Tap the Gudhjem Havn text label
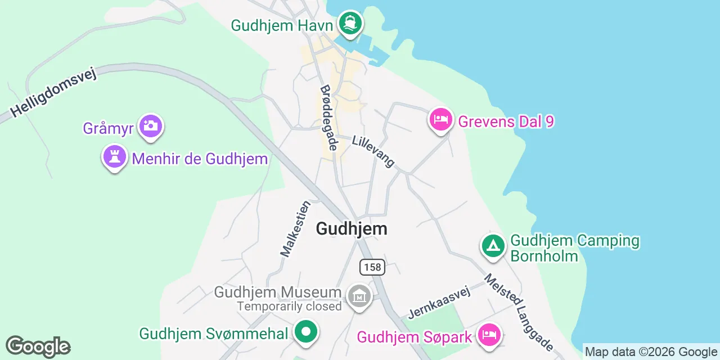(282, 25)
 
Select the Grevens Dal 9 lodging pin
(441, 119)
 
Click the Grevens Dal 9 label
(506, 121)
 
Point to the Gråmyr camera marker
(150, 126)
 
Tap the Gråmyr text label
(108, 128)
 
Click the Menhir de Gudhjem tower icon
(115, 157)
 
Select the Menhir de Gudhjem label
(200, 159)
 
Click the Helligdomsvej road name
(53, 93)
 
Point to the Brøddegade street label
(329, 118)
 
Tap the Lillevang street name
(373, 151)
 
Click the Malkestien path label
(296, 228)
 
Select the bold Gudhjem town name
(352, 228)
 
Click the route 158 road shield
(372, 267)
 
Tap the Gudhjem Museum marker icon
(359, 296)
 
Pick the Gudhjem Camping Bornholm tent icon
(493, 246)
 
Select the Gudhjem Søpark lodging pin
(488, 335)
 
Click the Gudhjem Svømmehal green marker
(305, 332)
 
